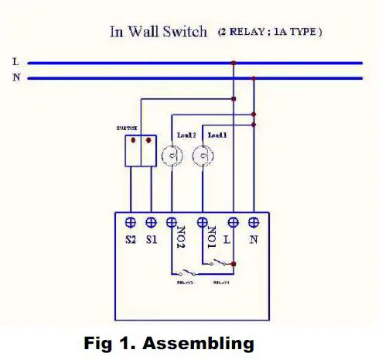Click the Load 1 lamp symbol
pos(203,156)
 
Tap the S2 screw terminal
pos(131,221)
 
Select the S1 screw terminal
pos(152,221)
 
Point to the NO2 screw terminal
pos(171,221)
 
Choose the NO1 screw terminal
pos(203,221)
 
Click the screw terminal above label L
pos(234,221)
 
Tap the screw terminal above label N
pos(254,221)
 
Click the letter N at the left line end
pos(15,78)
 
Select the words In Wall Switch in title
pos(158,32)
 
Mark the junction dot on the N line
pos(254,78)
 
